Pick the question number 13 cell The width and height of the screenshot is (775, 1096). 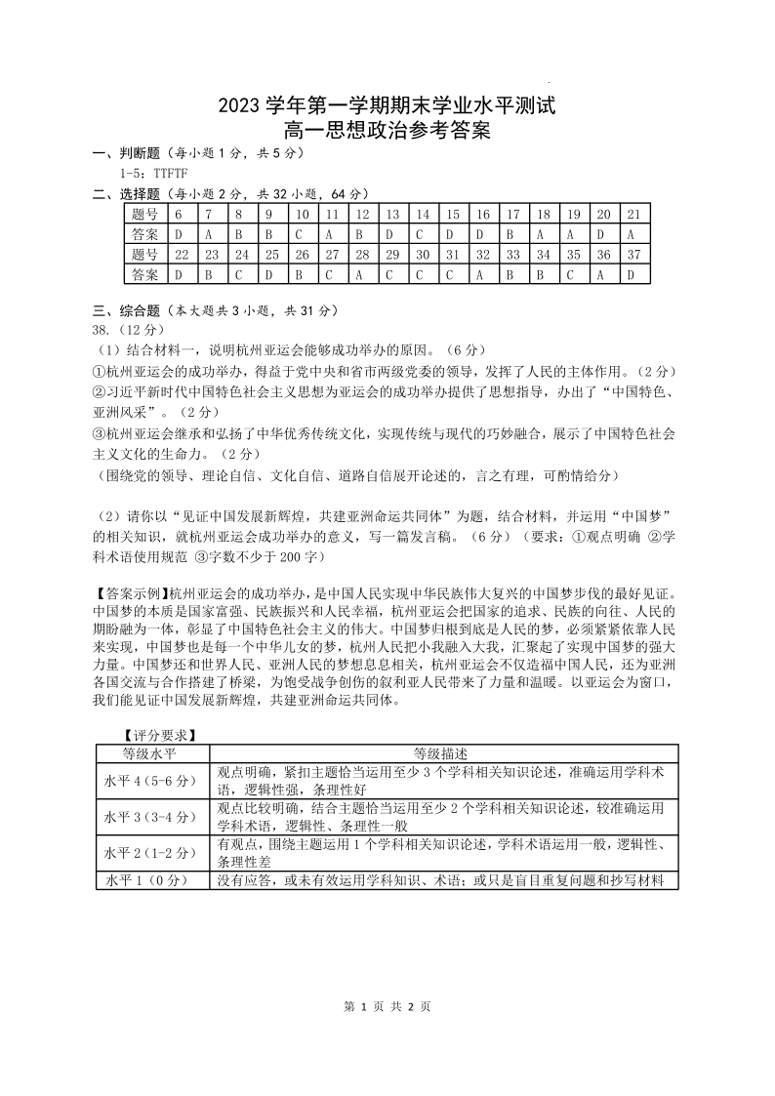[x=392, y=214]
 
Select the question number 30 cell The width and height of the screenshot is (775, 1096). [x=423, y=254]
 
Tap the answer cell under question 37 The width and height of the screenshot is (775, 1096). [x=632, y=274]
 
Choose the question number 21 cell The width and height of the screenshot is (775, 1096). [x=632, y=214]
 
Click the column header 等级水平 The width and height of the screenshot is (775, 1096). [x=151, y=754]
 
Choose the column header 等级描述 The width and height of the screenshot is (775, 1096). [x=442, y=754]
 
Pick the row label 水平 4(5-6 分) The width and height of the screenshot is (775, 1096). [x=151, y=781]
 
